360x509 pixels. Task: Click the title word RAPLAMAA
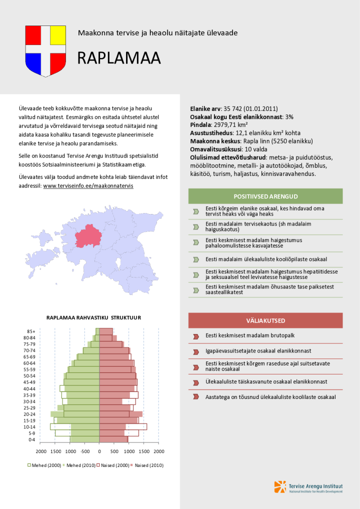coord(118,58)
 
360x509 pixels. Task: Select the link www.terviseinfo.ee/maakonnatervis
coord(88,185)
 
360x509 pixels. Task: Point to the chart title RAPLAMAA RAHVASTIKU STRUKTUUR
coord(93,317)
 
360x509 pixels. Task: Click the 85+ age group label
coord(31,331)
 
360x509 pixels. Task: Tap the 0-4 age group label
coord(32,439)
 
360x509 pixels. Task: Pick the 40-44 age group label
coord(30,388)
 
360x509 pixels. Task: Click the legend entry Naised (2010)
coord(149,465)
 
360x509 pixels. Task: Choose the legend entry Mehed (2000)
coord(46,465)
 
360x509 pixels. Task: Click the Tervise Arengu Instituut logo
coord(308,487)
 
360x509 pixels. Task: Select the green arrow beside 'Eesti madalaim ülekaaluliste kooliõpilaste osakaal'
coord(196,260)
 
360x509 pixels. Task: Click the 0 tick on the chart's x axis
coord(99,451)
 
